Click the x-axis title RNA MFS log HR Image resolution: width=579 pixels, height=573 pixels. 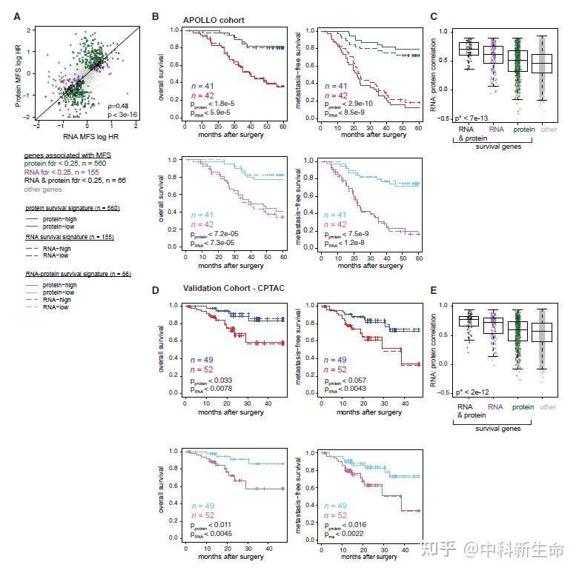click(x=86, y=136)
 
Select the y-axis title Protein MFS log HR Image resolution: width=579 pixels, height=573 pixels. click(x=17, y=73)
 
